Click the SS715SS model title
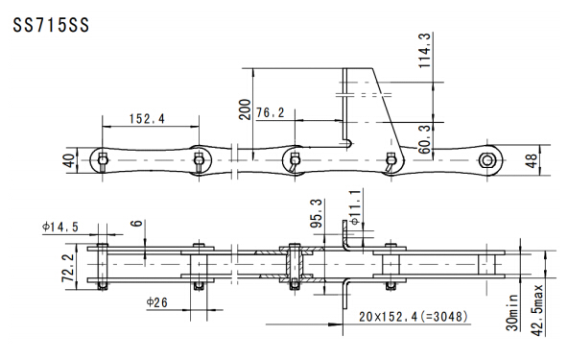click(x=51, y=26)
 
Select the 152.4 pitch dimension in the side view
click(x=147, y=118)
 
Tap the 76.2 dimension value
click(x=271, y=112)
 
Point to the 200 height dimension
click(x=246, y=109)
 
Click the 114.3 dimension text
click(x=424, y=50)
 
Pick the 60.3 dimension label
click(x=425, y=139)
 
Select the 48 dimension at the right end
click(x=532, y=160)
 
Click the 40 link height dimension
click(x=71, y=160)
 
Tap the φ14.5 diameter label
click(x=60, y=227)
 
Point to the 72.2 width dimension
click(x=68, y=268)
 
